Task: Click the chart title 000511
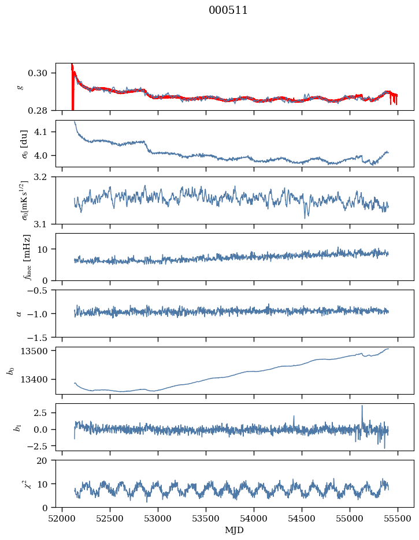pos(228,10)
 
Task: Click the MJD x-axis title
pos(234,530)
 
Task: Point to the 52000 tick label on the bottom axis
pos(62,519)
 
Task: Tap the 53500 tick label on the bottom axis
pos(206,519)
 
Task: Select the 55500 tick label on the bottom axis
pos(398,519)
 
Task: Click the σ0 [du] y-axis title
pos(24,144)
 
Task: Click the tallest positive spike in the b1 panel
pos(362,406)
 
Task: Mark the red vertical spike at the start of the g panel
pos(72,88)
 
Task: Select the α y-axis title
pos(19,314)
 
